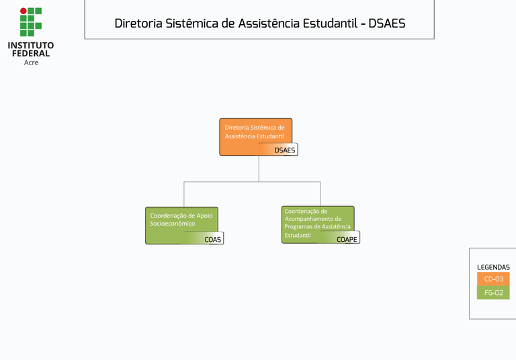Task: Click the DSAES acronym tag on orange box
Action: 285,150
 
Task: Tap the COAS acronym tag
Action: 212,239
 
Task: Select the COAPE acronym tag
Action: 347,239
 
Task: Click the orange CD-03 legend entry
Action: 493,279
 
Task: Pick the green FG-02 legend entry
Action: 493,293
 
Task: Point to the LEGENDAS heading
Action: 493,267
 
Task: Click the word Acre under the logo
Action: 31,62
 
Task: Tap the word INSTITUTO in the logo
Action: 31,46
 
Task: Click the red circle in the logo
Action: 23,11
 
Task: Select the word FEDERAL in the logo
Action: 31,54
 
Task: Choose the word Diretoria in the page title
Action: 139,24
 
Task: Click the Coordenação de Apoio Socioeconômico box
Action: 181,225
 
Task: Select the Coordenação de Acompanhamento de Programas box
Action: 317,224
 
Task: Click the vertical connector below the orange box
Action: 259,168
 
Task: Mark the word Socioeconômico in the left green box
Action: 173,224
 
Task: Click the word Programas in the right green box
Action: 298,227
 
